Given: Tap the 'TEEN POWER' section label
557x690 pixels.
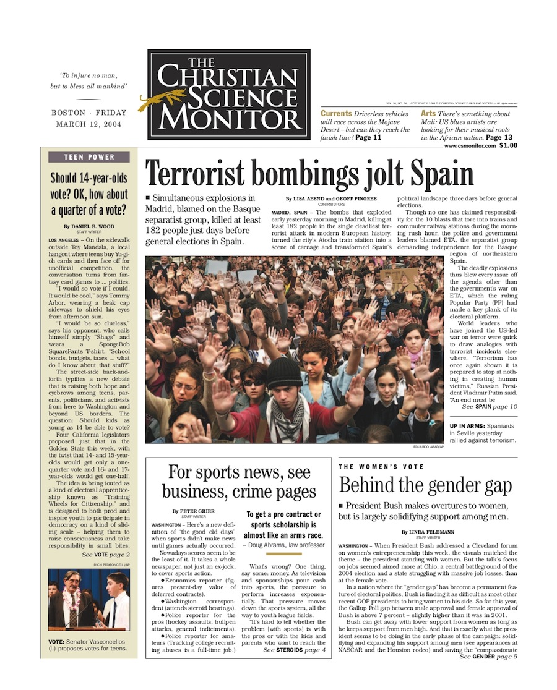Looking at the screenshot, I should tap(89, 157).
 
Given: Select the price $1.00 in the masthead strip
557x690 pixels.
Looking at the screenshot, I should tap(508, 145).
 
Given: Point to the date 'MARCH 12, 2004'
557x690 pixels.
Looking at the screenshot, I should tap(89, 124).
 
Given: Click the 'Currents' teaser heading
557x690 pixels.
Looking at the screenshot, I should tap(336, 114).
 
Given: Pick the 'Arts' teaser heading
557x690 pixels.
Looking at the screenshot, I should tap(428, 114).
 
